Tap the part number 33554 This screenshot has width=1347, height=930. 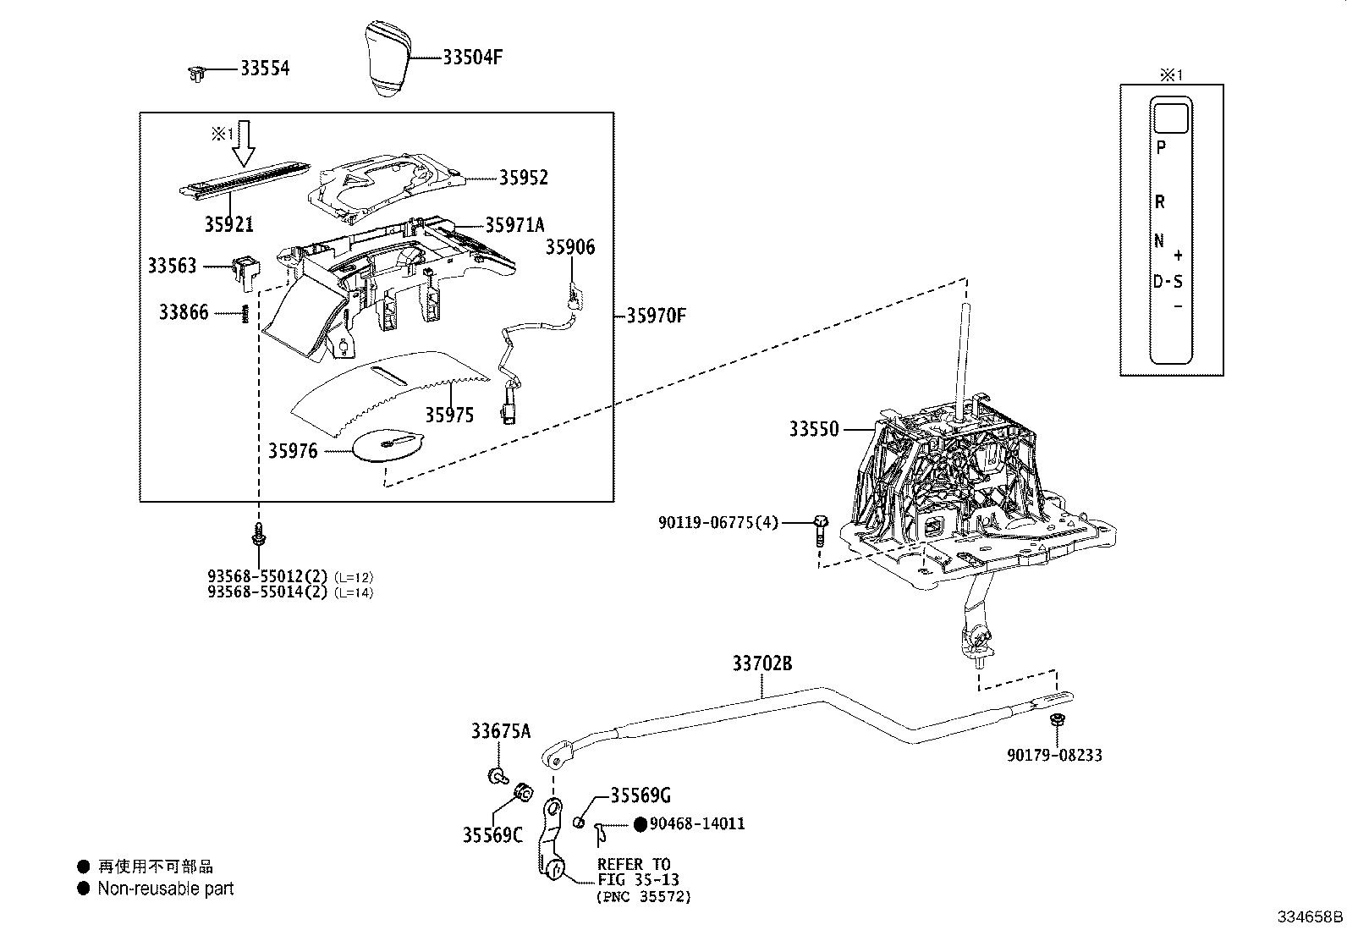point(265,69)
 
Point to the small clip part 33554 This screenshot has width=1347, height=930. point(196,74)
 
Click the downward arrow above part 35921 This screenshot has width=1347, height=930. point(244,143)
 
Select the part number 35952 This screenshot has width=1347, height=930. point(524,178)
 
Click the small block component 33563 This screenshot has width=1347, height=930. point(245,269)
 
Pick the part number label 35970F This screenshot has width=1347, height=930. point(656,316)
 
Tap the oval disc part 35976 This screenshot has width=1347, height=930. point(388,445)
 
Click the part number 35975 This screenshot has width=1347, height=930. point(450,415)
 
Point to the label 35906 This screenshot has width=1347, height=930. point(570,247)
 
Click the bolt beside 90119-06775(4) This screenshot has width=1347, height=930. point(820,530)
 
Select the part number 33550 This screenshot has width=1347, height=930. point(814,430)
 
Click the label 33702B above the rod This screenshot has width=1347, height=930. point(762,663)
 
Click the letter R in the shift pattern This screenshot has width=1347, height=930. point(1160,202)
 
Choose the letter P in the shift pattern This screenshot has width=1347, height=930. point(1161,147)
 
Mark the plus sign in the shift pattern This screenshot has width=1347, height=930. point(1178,256)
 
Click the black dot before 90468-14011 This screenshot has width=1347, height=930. point(641,824)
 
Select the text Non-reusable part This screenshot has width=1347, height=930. point(165,889)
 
